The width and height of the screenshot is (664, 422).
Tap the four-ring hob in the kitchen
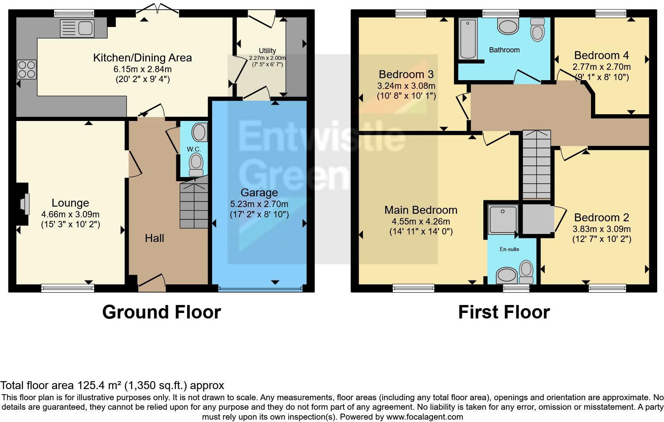tap(26, 69)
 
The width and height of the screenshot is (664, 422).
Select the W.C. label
tap(194, 149)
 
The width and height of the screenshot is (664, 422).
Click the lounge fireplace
tap(25, 204)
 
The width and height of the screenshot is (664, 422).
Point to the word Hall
tap(154, 238)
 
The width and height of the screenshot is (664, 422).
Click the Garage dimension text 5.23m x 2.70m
tap(259, 204)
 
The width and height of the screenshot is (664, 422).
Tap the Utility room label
tap(267, 50)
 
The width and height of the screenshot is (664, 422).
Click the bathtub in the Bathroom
tap(467, 39)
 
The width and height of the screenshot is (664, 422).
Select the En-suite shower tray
tap(503, 219)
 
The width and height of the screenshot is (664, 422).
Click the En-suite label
tap(509, 249)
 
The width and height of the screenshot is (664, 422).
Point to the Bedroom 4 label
tap(601, 55)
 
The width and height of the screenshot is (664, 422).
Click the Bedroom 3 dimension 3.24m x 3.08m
tap(406, 86)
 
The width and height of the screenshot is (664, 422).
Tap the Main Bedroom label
tap(421, 210)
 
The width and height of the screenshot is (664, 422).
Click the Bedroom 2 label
tap(601, 217)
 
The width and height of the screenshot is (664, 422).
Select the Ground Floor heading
tap(161, 312)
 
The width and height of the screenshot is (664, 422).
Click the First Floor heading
tap(504, 312)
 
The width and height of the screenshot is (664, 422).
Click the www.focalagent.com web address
tap(424, 417)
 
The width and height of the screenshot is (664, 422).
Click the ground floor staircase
tap(194, 205)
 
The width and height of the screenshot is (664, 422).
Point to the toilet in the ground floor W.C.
tap(195, 164)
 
